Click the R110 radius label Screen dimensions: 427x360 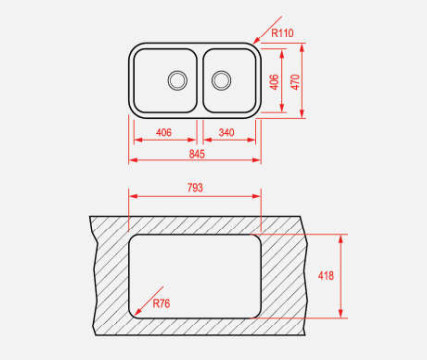[282, 33]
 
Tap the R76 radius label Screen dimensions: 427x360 [161, 303]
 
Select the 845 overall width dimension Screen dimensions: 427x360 [197, 154]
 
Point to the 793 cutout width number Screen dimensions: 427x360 [195, 188]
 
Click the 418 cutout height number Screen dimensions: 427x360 [326, 276]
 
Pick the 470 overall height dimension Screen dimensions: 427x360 [295, 82]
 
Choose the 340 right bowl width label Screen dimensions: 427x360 [226, 133]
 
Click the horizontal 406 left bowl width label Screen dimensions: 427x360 [164, 133]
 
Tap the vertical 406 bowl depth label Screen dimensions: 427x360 [274, 82]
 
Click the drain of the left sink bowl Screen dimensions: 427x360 [177, 80]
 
